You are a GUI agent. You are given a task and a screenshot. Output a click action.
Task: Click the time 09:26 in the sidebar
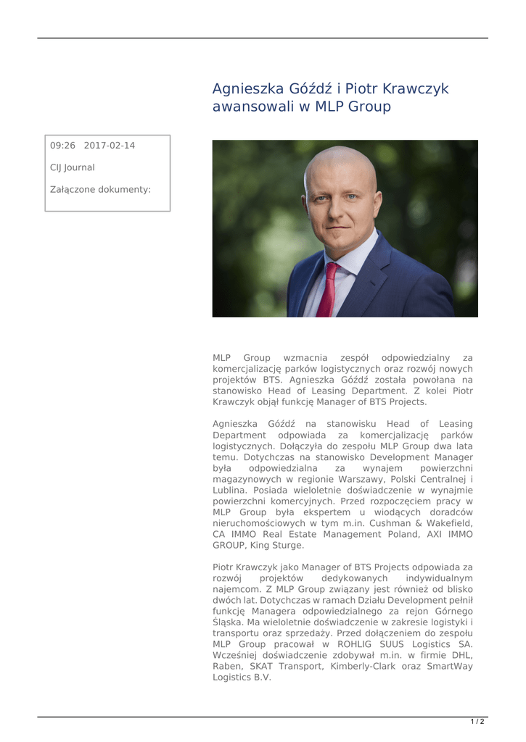pyautogui.click(x=62, y=146)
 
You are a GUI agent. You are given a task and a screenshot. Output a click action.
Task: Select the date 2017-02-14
pyautogui.click(x=109, y=146)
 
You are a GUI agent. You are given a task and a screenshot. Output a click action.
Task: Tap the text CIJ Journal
pyautogui.click(x=72, y=167)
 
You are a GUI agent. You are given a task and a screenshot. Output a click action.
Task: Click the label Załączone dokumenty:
pyautogui.click(x=100, y=190)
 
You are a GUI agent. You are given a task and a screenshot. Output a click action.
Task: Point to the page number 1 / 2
pyautogui.click(x=477, y=722)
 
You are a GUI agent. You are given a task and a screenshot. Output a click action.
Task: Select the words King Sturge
pyautogui.click(x=276, y=546)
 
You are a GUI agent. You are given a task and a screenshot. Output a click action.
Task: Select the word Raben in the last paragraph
pyautogui.click(x=228, y=666)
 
